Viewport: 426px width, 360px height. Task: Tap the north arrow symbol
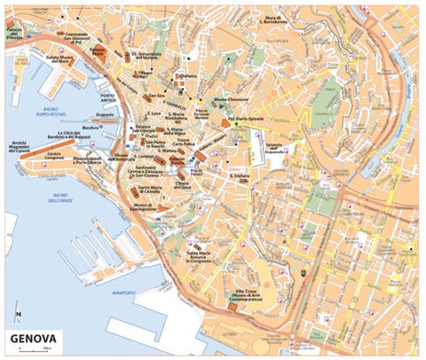click(x=18, y=314)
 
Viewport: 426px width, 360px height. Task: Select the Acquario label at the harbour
click(x=106, y=113)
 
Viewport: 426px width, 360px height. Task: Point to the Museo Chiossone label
click(x=229, y=99)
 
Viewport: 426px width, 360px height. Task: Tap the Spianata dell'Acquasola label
click(x=279, y=145)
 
